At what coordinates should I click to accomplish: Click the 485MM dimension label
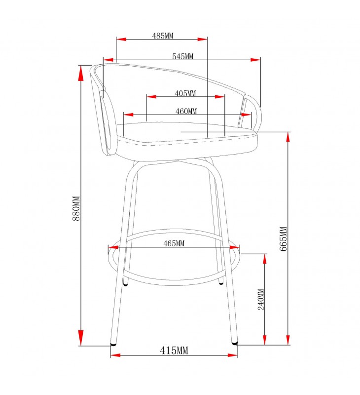163,36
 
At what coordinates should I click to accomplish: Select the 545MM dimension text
182,56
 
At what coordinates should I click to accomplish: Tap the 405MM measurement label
185,93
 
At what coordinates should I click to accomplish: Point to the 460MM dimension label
186,111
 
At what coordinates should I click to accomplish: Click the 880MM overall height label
76,208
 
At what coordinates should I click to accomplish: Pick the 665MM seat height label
283,239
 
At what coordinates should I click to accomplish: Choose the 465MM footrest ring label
174,243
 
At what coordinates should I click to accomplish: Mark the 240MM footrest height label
261,299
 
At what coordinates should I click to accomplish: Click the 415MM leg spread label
174,351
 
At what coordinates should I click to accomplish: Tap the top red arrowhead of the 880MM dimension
81,74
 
